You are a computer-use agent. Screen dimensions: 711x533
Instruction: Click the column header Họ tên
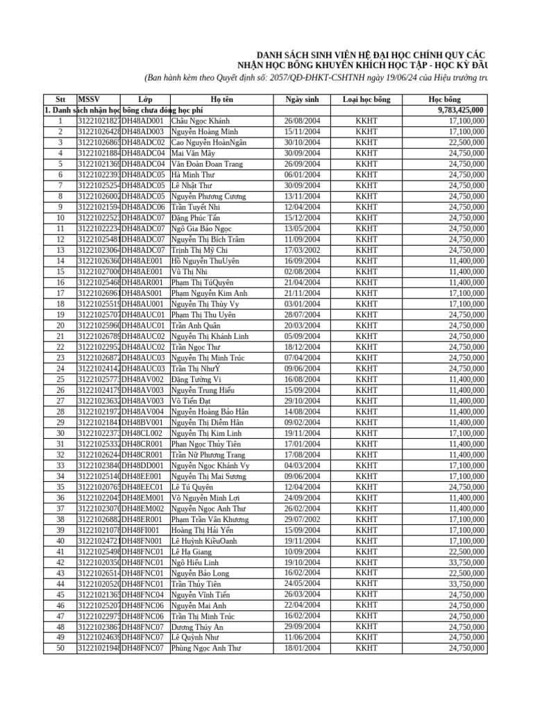[222, 99]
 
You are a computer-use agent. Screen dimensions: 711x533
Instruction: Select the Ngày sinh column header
[302, 99]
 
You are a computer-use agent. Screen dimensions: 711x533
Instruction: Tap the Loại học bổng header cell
[366, 99]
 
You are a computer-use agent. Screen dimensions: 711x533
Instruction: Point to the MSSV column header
[89, 99]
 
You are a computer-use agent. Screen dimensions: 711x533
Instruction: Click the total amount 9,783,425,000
[461, 110]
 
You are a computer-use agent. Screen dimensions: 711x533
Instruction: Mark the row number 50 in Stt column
[60, 649]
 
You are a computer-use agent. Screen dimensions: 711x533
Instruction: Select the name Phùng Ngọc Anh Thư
[206, 649]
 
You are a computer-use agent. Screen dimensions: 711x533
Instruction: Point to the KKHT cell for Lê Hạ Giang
[366, 551]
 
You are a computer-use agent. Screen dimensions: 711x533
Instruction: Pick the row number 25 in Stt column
[60, 379]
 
